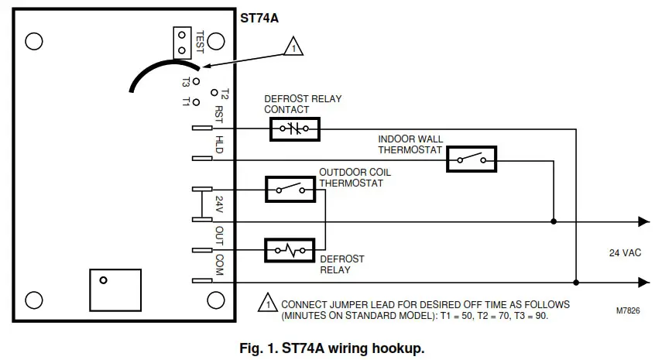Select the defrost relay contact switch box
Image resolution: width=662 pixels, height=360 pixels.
(x=294, y=129)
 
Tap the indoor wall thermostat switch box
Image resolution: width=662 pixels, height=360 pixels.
(x=471, y=159)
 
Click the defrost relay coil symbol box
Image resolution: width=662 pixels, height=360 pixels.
(x=289, y=250)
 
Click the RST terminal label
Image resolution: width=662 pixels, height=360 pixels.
(x=218, y=116)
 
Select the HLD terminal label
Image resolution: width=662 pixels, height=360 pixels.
(x=218, y=144)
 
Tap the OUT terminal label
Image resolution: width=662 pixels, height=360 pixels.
(x=218, y=234)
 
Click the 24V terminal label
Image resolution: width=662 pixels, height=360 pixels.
(x=218, y=205)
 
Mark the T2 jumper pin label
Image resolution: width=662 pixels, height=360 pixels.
(x=225, y=94)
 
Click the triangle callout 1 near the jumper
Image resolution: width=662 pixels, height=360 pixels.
(x=293, y=46)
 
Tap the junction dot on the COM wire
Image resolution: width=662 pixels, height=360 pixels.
(x=575, y=282)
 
